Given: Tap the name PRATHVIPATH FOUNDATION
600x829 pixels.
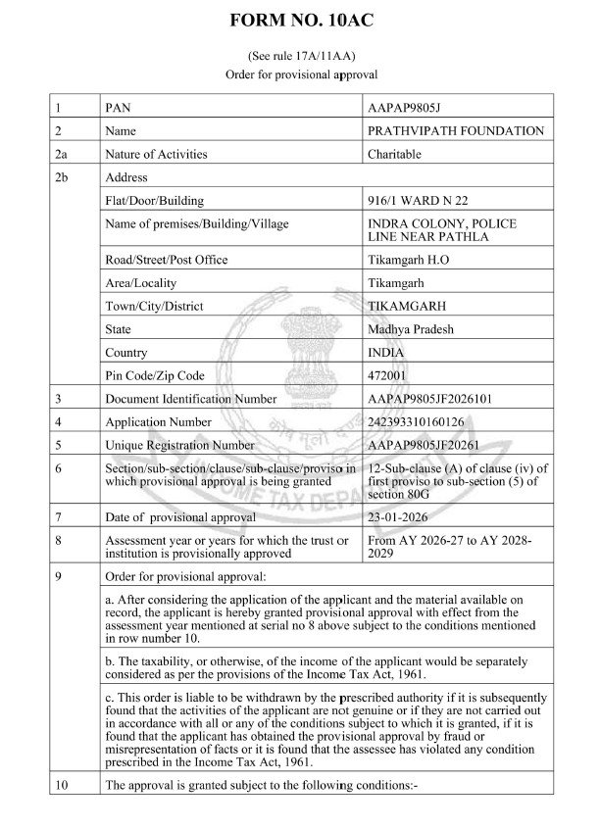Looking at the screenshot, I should (454, 129).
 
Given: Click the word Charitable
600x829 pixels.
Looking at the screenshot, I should (393, 154).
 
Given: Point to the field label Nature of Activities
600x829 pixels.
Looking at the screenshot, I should (160, 154).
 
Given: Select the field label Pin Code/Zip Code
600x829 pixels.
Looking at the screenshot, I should (154, 375).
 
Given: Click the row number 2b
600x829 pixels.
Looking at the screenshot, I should (65, 177).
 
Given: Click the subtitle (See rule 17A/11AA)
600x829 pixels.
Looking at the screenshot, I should (299, 58).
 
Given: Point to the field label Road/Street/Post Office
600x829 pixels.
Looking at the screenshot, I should (166, 260).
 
